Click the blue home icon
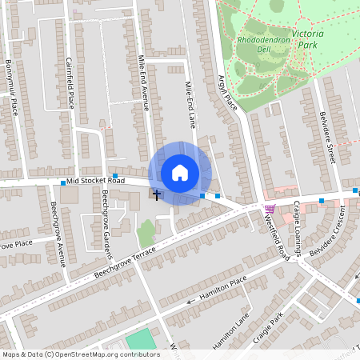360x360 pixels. pyautogui.click(x=179, y=173)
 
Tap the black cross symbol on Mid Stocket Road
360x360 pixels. pyautogui.click(x=156, y=194)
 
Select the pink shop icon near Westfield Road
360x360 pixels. pyautogui.click(x=270, y=209)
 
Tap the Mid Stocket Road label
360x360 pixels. pyautogui.click(x=95, y=181)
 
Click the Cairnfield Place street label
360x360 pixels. pyautogui.click(x=70, y=83)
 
